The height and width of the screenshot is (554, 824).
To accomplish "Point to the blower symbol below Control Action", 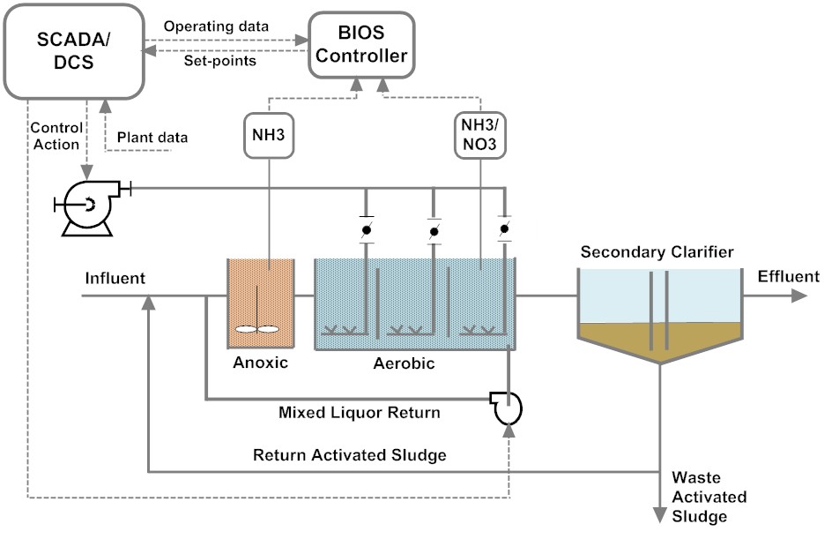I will [x=85, y=206].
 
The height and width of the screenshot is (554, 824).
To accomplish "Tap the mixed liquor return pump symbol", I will [x=508, y=407].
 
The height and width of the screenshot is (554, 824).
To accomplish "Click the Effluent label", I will [x=788, y=276].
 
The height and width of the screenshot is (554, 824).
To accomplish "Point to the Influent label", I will [x=115, y=279].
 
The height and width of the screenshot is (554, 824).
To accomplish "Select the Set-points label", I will [x=220, y=61].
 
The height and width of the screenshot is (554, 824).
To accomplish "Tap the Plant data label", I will [x=152, y=138].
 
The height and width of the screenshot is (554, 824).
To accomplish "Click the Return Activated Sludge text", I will [x=349, y=455].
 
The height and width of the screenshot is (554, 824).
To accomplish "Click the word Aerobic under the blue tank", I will [x=405, y=363].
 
